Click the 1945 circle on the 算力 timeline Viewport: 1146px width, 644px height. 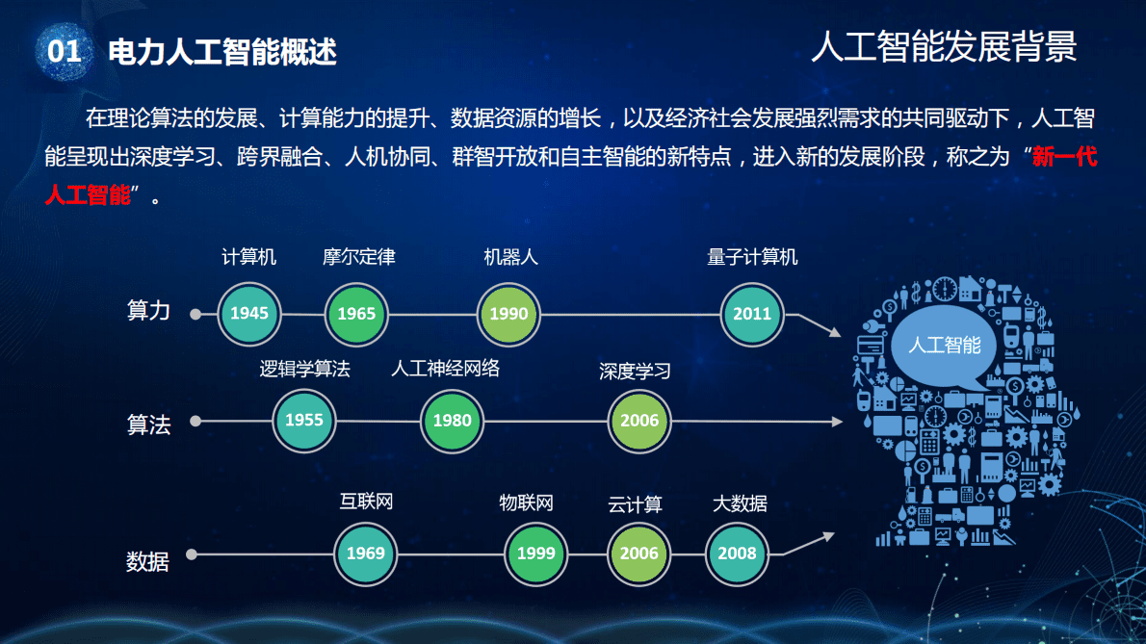249,313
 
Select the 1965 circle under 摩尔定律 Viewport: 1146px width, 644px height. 356,313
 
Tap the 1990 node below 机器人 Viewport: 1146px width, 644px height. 508,313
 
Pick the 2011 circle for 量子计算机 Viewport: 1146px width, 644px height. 752,313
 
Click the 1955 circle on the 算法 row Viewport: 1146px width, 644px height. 304,420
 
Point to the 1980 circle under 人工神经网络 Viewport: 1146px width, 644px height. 452,420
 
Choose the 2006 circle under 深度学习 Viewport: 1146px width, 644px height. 639,420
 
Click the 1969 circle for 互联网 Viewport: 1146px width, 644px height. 366,554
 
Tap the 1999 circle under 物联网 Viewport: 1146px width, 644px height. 535,554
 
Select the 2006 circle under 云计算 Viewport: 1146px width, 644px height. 639,554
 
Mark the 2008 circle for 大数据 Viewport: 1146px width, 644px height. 737,554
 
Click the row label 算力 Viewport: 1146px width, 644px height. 148,311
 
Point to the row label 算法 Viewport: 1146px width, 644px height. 148,425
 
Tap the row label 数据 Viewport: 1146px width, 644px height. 147,561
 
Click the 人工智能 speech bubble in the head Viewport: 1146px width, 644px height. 945,344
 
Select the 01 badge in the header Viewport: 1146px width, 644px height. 64,51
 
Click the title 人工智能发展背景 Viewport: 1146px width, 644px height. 943,46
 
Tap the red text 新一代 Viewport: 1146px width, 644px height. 1064,157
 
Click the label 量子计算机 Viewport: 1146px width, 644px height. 752,257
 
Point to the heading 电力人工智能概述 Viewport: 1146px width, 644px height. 222,52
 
